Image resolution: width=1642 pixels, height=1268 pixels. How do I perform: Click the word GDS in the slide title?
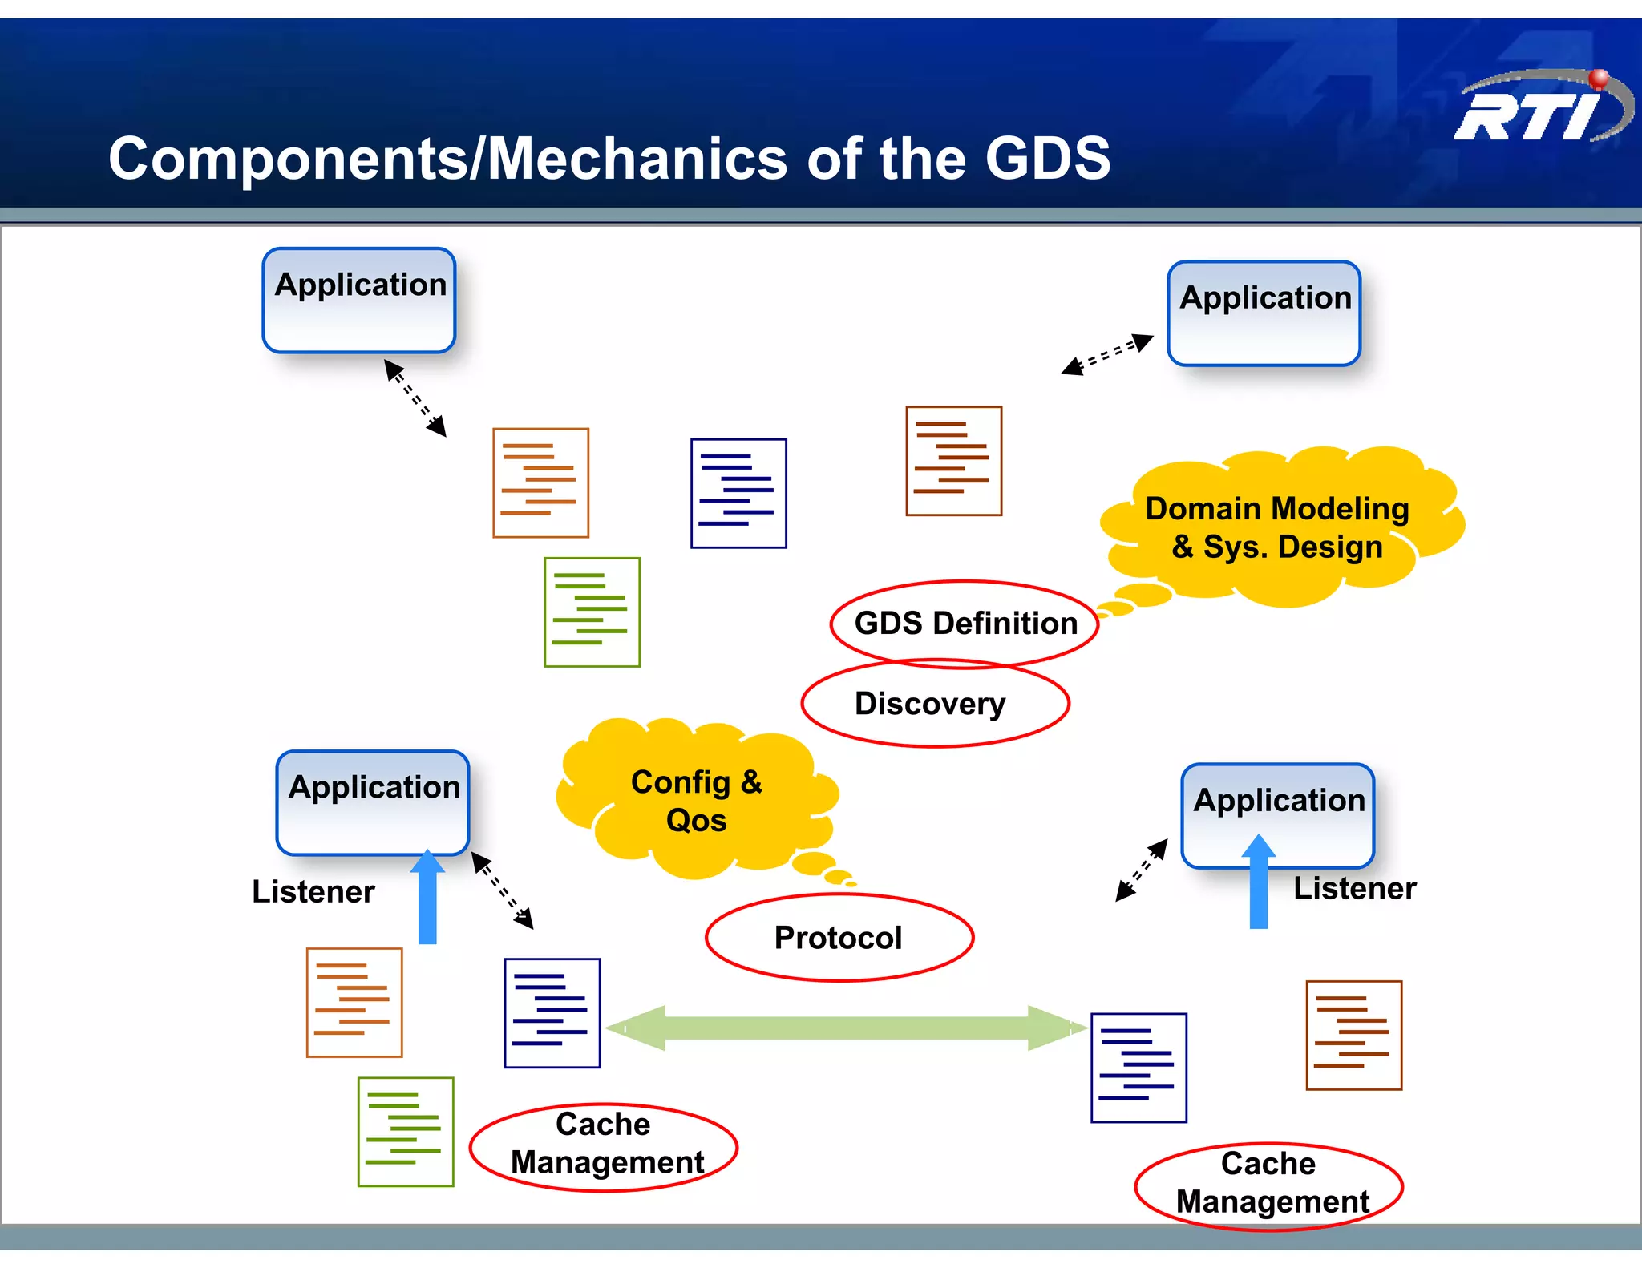click(x=1047, y=158)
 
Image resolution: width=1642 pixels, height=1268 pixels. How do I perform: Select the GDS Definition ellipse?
click(x=965, y=623)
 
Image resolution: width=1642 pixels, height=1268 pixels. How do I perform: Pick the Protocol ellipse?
click(x=839, y=937)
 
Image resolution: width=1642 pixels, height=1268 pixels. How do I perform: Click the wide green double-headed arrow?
click(x=847, y=1028)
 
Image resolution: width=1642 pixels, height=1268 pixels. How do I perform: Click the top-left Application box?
click(x=359, y=301)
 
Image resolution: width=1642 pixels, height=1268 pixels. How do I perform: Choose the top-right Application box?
click(x=1264, y=313)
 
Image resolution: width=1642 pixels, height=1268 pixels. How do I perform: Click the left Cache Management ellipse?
click(x=604, y=1146)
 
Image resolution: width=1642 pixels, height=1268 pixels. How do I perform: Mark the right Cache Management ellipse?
click(x=1268, y=1185)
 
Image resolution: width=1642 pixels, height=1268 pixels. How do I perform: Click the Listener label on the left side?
click(x=313, y=891)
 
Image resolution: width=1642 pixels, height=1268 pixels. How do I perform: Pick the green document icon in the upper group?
click(x=592, y=612)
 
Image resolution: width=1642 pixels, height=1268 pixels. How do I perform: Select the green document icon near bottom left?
click(x=406, y=1131)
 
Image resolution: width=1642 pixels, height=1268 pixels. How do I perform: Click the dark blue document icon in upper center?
click(x=738, y=493)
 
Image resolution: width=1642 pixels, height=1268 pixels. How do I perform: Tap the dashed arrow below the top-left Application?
click(x=415, y=398)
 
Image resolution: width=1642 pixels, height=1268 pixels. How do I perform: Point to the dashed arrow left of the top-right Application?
click(x=1107, y=354)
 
